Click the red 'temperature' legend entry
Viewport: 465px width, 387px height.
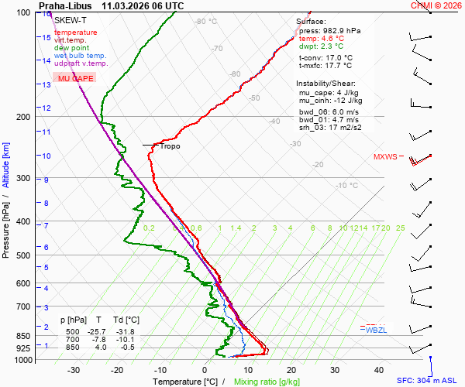click(x=76, y=33)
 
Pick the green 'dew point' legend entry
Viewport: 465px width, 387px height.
click(x=71, y=48)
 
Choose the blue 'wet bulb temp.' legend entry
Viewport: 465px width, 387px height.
click(x=81, y=56)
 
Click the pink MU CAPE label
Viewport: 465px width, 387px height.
click(x=77, y=79)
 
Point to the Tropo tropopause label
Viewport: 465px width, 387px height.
click(x=170, y=146)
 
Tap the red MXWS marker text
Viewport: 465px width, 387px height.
click(x=385, y=156)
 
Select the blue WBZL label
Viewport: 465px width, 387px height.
click(x=376, y=330)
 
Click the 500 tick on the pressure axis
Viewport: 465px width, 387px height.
click(x=22, y=255)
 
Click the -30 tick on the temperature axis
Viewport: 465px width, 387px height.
click(x=74, y=370)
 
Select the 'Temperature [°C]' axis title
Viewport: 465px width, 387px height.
click(x=185, y=382)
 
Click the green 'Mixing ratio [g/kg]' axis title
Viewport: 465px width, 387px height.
click(x=267, y=382)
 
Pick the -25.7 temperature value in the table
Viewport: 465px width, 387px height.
click(x=97, y=332)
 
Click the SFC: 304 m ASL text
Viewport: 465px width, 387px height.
click(x=429, y=381)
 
